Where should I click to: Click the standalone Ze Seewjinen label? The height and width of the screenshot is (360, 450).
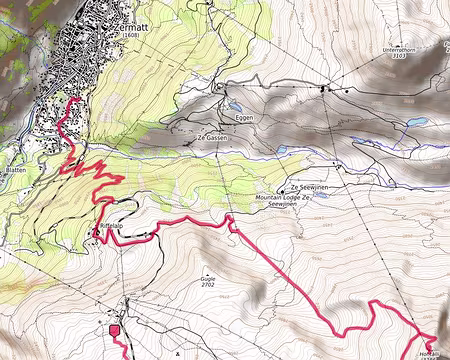click(310, 187)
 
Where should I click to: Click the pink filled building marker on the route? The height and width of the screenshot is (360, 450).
click(114, 330)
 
